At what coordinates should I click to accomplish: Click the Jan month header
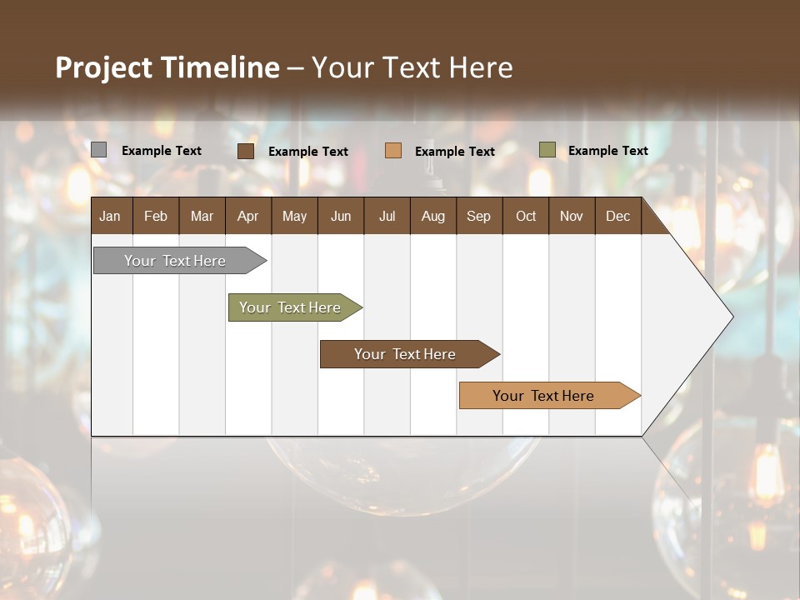pos(110,216)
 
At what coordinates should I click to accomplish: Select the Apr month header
pos(247,216)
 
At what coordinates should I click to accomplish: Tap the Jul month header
pos(387,216)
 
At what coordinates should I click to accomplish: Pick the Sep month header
pos(478,216)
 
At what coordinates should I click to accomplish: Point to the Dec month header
pos(617,216)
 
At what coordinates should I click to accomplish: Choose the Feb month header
pos(156,216)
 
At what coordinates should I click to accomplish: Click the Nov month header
pos(571,216)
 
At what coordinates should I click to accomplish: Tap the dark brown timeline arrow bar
pos(406,354)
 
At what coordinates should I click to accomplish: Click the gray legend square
pos(99,150)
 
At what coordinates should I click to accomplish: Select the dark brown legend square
pos(246,151)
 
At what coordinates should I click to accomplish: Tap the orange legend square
pos(393,151)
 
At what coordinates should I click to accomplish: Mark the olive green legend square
pos(547,150)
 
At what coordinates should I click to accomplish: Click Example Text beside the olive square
pos(607,151)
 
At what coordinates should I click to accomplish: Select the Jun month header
pos(341,216)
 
